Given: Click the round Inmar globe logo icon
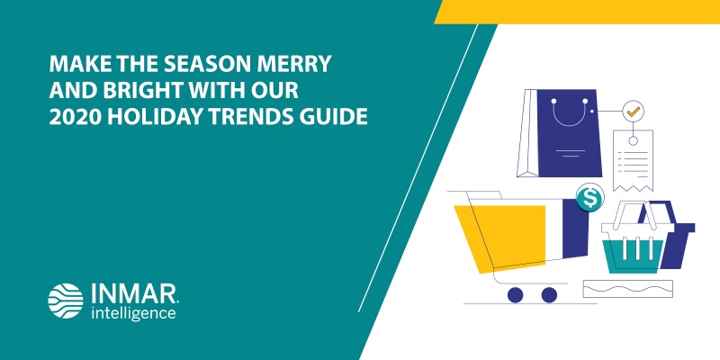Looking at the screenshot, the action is pyautogui.click(x=66, y=301).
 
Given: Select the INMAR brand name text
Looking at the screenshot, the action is pyautogui.click(x=133, y=293).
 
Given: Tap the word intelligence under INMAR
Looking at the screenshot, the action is pyautogui.click(x=133, y=313).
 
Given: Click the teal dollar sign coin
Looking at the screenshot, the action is pyautogui.click(x=589, y=197).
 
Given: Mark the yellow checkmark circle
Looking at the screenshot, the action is pyautogui.click(x=634, y=111).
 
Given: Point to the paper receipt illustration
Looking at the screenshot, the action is pyautogui.click(x=633, y=161).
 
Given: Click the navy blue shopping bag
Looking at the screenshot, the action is pyautogui.click(x=569, y=133).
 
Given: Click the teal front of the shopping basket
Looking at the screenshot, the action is pyautogui.click(x=633, y=256).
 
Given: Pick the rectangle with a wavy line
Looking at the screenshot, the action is pyautogui.click(x=627, y=289).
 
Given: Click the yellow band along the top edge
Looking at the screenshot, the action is pyautogui.click(x=577, y=12).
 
